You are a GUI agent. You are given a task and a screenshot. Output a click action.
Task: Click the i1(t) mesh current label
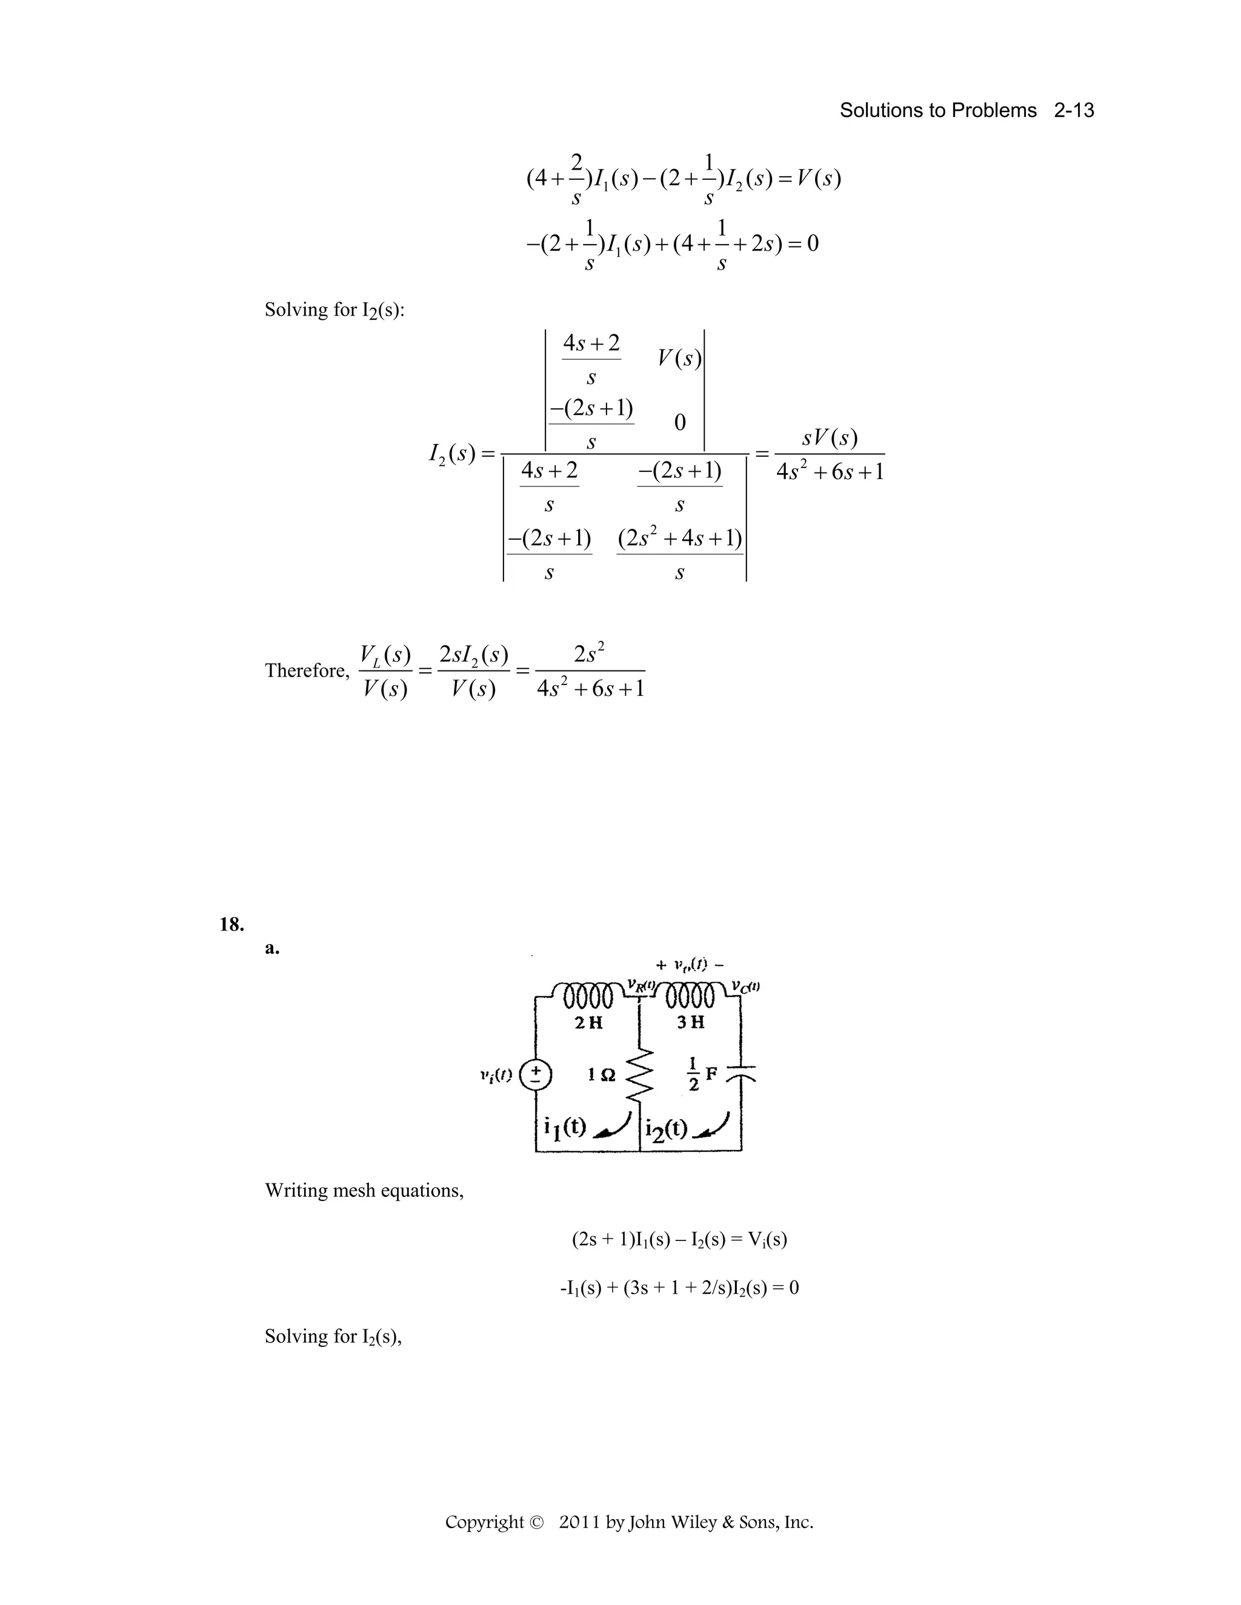(x=565, y=1127)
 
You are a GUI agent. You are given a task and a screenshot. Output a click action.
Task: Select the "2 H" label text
(x=588, y=1022)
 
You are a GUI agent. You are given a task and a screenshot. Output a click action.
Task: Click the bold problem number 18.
(x=231, y=924)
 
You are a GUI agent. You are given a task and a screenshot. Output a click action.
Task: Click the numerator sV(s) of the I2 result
(x=830, y=438)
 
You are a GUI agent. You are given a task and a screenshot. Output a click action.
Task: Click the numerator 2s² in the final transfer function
(x=590, y=652)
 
